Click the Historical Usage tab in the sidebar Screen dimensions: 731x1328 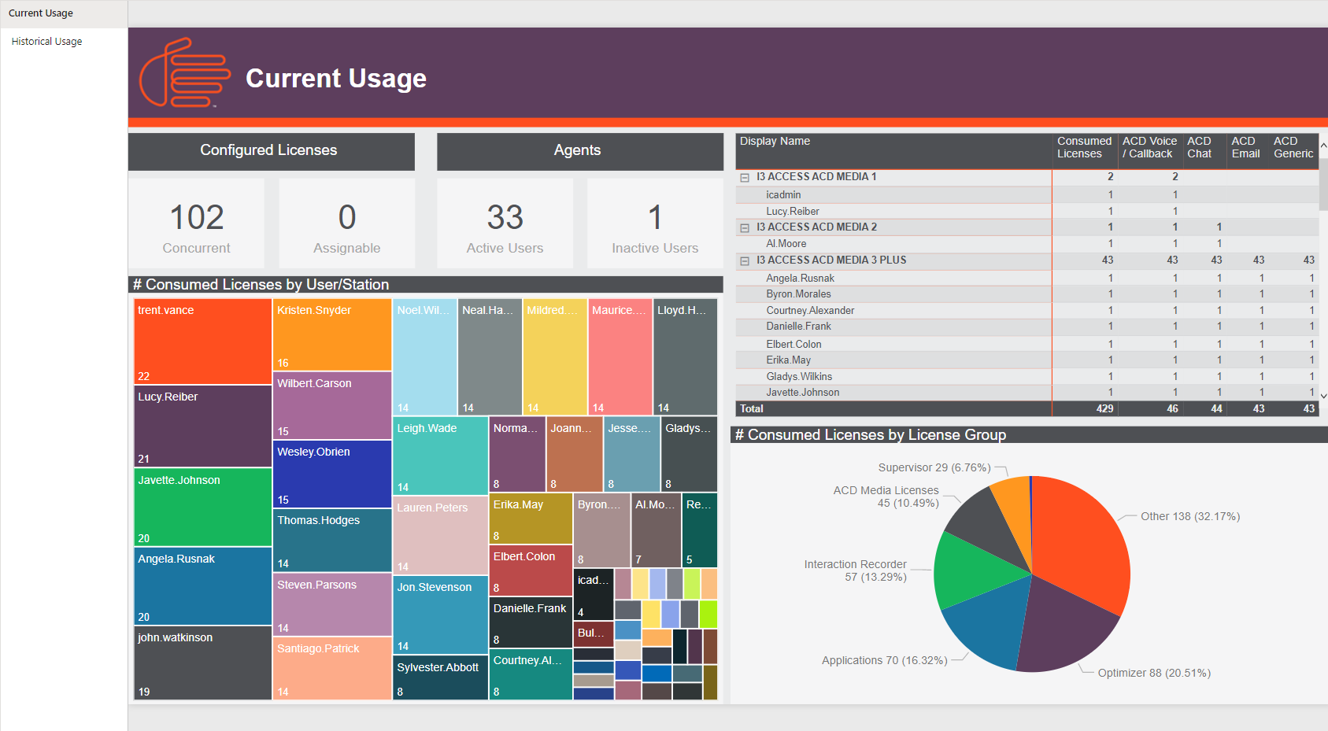(x=46, y=42)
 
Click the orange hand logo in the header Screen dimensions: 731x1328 (x=184, y=72)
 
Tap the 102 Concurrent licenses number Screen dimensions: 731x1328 (x=197, y=218)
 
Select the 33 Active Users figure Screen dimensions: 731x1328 (x=505, y=218)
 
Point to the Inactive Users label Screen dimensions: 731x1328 (x=655, y=249)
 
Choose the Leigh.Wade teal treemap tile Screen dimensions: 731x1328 (x=440, y=456)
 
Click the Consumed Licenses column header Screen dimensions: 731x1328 (x=1084, y=148)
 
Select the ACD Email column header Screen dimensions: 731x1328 (x=1245, y=148)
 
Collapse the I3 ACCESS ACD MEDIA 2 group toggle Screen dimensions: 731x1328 (x=745, y=228)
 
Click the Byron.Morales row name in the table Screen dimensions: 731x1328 (x=798, y=294)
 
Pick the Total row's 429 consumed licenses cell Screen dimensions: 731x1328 (x=1104, y=409)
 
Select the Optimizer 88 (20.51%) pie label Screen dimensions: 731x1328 (x=1154, y=674)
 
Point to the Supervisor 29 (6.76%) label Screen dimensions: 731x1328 (x=934, y=468)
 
